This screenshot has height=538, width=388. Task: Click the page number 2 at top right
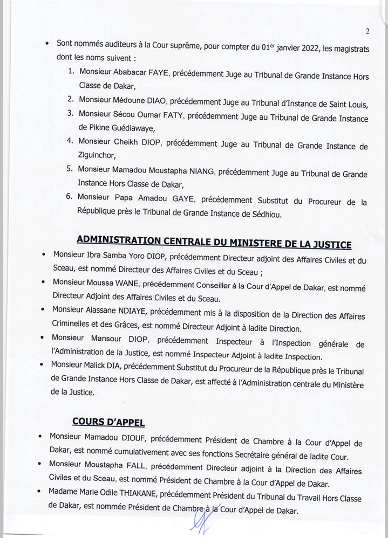(367, 31)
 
